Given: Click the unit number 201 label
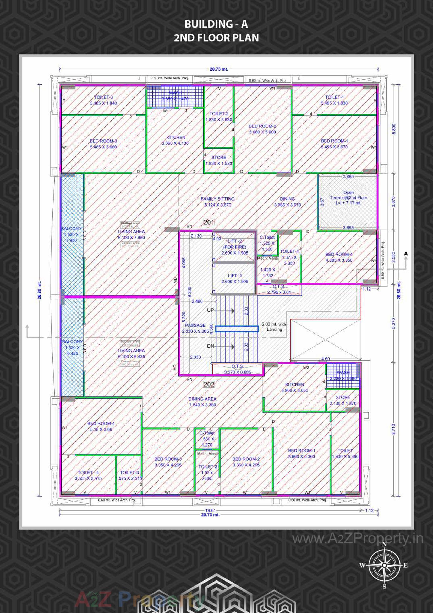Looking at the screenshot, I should pyautogui.click(x=209, y=222).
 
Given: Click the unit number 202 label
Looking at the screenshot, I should pyautogui.click(x=209, y=384).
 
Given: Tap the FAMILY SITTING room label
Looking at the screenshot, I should pyautogui.click(x=217, y=202).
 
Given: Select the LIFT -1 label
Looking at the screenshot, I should pyautogui.click(x=235, y=278).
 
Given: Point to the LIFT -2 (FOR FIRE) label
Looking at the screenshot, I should pyautogui.click(x=235, y=247).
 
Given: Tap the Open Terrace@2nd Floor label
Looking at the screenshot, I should pyautogui.click(x=348, y=198).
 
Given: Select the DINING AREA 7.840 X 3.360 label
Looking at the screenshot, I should pyautogui.click(x=202, y=402).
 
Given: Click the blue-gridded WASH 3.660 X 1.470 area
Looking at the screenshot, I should pyautogui.click(x=175, y=96).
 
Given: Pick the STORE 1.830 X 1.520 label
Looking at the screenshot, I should pyautogui.click(x=218, y=160).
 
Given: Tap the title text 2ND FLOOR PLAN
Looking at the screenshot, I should pyautogui.click(x=216, y=38).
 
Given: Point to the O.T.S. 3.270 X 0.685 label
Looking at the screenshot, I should pyautogui.click(x=237, y=369).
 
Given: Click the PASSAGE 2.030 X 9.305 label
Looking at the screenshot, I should pyautogui.click(x=195, y=328).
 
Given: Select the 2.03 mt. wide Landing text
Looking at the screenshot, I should pyautogui.click(x=274, y=326).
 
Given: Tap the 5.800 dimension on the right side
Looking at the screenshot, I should pyautogui.click(x=394, y=129).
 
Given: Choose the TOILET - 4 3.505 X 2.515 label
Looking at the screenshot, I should pyautogui.click(x=88, y=475).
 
